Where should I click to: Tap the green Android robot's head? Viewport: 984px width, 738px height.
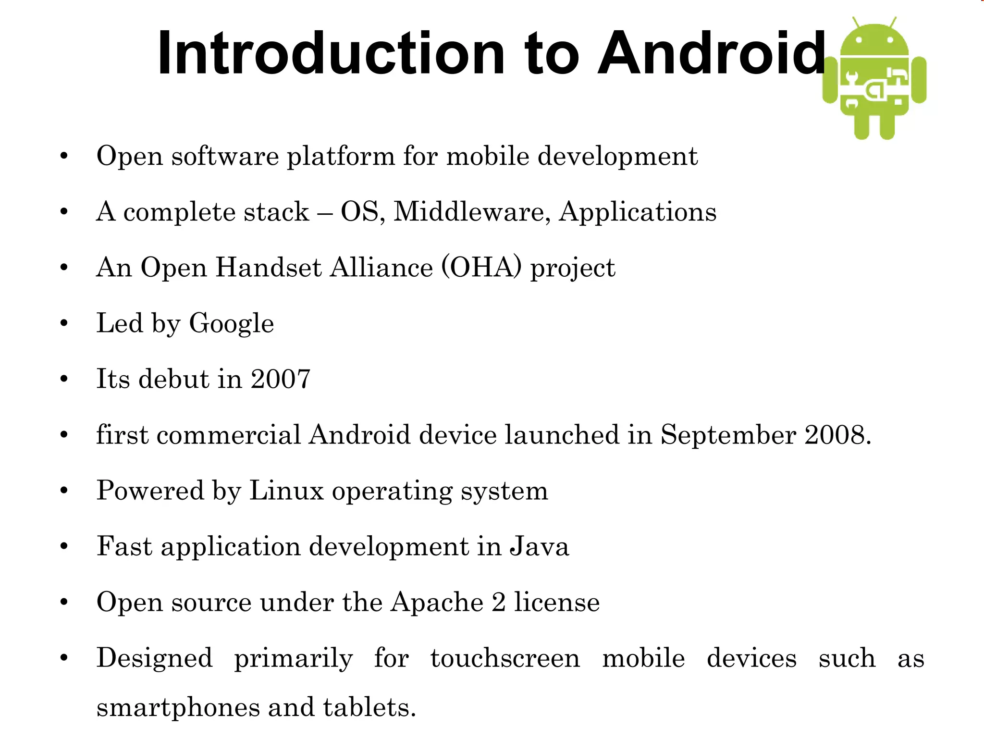click(x=874, y=41)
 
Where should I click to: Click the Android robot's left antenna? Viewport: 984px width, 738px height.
click(x=856, y=23)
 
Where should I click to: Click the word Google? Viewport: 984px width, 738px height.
click(x=231, y=323)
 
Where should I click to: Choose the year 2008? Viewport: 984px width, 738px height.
click(x=837, y=434)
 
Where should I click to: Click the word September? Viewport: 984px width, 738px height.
click(x=728, y=435)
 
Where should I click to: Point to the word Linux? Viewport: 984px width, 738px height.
click(x=286, y=491)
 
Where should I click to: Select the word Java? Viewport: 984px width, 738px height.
click(x=539, y=546)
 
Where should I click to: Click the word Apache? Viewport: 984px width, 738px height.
click(x=437, y=603)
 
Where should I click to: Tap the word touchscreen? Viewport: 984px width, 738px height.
click(x=505, y=658)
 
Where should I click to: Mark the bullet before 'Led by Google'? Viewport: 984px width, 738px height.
click(x=64, y=323)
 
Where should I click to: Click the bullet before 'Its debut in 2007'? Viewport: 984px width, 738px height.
click(x=64, y=379)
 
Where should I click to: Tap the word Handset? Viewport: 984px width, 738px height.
click(x=268, y=267)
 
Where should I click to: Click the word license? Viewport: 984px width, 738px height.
click(x=557, y=602)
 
